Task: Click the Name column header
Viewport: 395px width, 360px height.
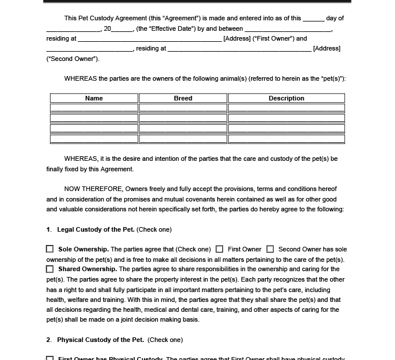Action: (x=94, y=98)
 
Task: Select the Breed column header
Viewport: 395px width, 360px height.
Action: (x=183, y=98)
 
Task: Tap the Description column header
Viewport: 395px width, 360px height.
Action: (x=286, y=98)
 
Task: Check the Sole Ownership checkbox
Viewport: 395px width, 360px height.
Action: (x=50, y=249)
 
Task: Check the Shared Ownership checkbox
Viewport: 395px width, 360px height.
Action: (x=50, y=269)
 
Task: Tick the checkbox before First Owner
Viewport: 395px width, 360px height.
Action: (x=220, y=249)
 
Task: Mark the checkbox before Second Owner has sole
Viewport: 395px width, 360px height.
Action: (x=270, y=249)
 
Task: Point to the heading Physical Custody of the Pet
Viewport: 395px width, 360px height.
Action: (x=100, y=340)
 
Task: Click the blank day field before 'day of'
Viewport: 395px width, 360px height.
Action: (x=314, y=19)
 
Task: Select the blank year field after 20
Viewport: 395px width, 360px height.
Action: (x=122, y=28)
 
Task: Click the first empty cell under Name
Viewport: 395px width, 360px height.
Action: (x=94, y=108)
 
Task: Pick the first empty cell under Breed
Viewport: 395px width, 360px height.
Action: (x=183, y=108)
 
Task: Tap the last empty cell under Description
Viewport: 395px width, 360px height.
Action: (x=286, y=139)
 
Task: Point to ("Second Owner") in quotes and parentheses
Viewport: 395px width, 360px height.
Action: (x=73, y=59)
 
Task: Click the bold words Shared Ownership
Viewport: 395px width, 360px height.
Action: (x=87, y=269)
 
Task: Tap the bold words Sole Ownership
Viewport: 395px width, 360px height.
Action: (x=84, y=249)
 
